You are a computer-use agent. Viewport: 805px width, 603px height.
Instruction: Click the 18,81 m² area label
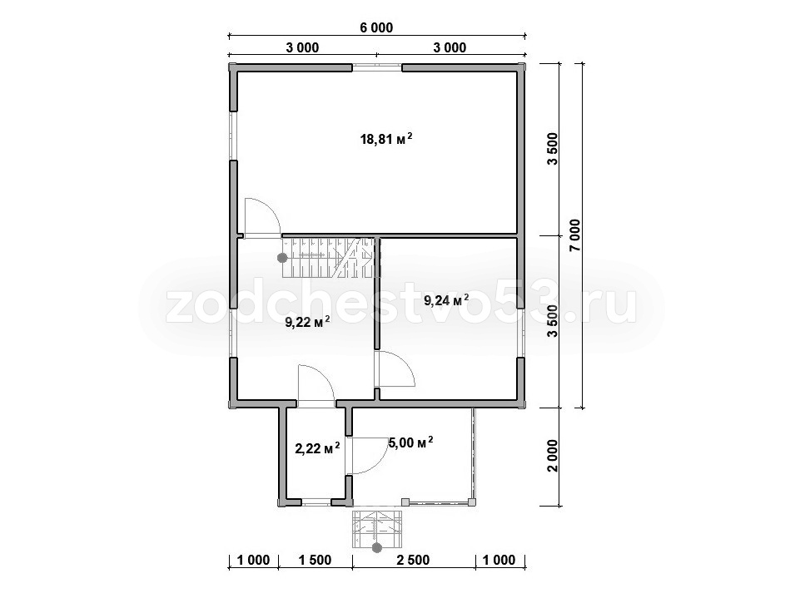386,138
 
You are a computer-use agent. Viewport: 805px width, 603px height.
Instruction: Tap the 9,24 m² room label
446,300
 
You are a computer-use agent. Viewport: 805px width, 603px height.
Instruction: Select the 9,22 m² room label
307,322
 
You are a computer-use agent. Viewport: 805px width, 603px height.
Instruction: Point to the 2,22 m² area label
317,448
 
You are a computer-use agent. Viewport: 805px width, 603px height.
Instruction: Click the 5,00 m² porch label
410,442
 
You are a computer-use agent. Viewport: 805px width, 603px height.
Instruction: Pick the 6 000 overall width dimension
376,27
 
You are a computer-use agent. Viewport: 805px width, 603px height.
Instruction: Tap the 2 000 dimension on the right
553,457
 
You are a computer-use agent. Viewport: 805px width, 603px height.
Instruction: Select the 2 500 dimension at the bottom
413,560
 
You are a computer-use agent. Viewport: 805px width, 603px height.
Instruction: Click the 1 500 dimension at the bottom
315,560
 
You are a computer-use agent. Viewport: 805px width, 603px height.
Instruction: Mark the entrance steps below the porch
377,528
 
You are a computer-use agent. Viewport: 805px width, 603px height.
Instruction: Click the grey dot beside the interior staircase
282,258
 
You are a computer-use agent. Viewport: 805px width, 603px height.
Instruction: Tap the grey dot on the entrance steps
377,548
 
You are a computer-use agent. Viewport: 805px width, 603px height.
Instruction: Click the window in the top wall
377,66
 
